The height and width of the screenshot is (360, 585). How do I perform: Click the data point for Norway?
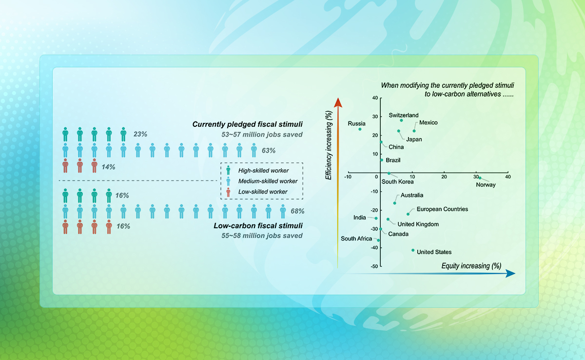[480, 178]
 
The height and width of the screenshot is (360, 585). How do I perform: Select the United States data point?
[413, 250]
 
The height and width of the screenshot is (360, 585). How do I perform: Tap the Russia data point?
[360, 129]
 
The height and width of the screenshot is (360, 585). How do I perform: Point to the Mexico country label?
[429, 122]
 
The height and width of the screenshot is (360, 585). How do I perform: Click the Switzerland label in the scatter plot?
[404, 115]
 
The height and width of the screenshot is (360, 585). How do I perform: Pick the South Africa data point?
[378, 240]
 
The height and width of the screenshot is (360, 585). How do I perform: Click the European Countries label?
[442, 209]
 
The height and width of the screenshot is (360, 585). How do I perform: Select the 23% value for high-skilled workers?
[140, 133]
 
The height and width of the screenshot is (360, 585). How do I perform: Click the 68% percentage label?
[297, 211]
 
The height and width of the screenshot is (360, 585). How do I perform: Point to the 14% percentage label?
[109, 167]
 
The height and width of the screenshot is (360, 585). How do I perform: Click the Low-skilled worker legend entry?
[263, 192]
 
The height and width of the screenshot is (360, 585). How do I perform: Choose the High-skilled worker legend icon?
[229, 171]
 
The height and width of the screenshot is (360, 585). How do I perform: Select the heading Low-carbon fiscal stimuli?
[258, 226]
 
